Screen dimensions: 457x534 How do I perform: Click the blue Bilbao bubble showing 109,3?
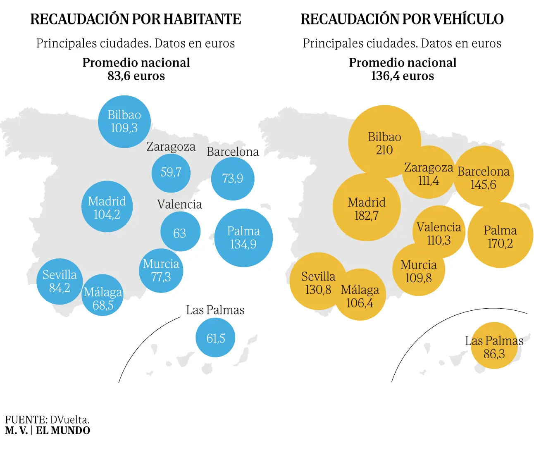coord(124,121)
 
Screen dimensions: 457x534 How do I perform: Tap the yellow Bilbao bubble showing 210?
coord(384,142)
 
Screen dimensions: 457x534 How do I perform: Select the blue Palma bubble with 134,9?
coord(243,238)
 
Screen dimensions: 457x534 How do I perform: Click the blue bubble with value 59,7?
coord(171,172)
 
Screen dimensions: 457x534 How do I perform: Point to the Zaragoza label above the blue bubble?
coord(171,147)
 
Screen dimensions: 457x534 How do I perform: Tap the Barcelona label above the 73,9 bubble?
coord(233,152)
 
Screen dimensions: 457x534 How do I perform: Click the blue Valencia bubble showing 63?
coord(180,232)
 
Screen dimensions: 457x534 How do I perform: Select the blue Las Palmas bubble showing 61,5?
coord(215,338)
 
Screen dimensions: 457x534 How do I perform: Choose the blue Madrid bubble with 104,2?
coord(107,207)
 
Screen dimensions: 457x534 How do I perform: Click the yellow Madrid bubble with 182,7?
coord(367,207)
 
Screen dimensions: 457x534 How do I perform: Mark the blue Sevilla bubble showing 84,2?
coord(60,281)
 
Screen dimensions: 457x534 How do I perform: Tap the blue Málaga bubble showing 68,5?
coord(103,296)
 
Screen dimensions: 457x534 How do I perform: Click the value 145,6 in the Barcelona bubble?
coord(483,185)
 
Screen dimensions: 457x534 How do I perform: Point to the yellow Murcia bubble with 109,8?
coord(418,270)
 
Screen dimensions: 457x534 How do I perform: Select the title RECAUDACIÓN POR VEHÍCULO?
coord(402,19)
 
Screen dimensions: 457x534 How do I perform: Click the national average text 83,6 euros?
coord(136,76)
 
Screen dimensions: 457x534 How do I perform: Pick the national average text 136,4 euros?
coord(402,76)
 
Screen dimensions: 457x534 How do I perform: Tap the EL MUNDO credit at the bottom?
coord(63,431)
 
